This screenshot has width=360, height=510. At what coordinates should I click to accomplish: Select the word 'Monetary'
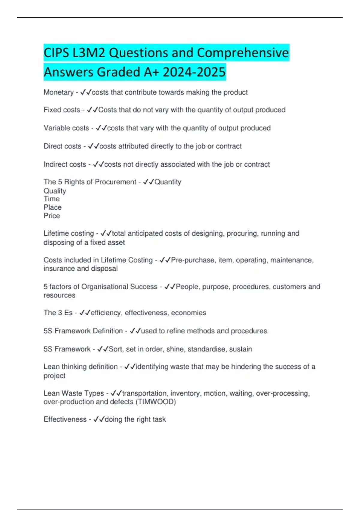click(58, 92)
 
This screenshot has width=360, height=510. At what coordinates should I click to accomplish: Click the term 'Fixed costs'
click(62, 110)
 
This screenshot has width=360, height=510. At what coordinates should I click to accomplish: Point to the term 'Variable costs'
click(66, 128)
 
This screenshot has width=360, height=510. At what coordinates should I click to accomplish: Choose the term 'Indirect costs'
click(65, 164)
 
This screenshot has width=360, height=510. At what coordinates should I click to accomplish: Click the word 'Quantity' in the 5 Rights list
click(168, 182)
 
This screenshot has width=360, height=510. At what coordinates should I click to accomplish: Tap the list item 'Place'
click(52, 207)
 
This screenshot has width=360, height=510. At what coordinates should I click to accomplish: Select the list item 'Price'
click(52, 216)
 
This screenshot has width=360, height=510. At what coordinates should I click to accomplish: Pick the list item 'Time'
click(52, 199)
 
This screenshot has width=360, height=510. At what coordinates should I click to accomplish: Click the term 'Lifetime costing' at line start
click(69, 233)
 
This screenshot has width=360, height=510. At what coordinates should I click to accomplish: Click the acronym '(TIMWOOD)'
click(156, 402)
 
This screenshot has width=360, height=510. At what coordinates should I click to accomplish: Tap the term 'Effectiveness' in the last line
click(65, 419)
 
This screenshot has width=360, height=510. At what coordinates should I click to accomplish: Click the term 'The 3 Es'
click(58, 313)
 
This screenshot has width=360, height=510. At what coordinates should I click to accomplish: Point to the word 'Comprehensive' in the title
click(243, 53)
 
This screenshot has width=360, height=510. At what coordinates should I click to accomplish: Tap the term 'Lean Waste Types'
click(74, 393)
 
